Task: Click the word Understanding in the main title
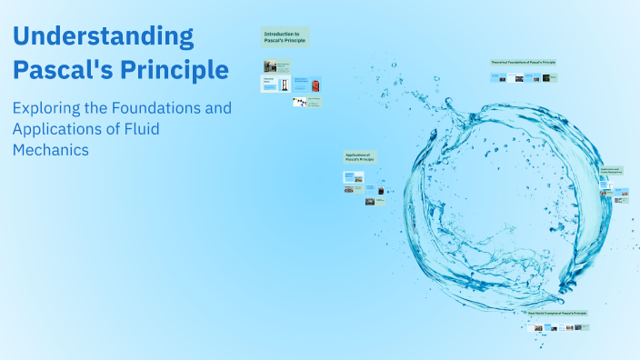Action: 103,36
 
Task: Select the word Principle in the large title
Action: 177,69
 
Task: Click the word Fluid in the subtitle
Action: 141,129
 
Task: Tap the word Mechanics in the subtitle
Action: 51,150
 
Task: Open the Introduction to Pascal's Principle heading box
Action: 285,36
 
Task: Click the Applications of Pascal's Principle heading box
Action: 360,157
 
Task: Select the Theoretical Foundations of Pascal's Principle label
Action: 523,63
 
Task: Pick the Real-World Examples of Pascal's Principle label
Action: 558,314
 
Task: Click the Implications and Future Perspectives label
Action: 610,170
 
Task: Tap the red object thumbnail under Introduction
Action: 315,85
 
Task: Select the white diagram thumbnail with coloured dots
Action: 298,102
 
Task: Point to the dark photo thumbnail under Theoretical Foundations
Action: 546,78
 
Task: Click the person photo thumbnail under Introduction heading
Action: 270,66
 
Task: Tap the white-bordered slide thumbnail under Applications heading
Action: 353,176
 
